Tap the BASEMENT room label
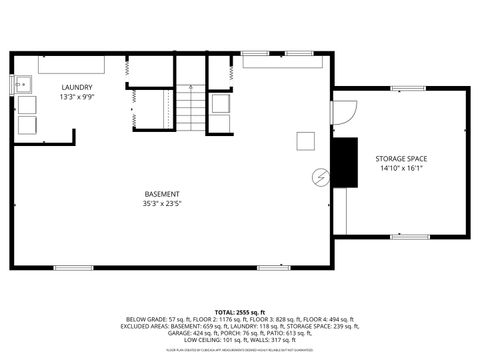(x=162, y=193)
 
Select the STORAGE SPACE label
(x=402, y=158)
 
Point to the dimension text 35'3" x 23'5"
(x=162, y=203)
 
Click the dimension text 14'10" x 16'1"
(x=402, y=168)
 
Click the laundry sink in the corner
(x=22, y=85)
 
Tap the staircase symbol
(x=190, y=105)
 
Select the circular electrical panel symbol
(x=320, y=177)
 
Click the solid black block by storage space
(x=345, y=162)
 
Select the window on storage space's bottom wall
(x=409, y=237)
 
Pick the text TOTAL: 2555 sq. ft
(x=239, y=311)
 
